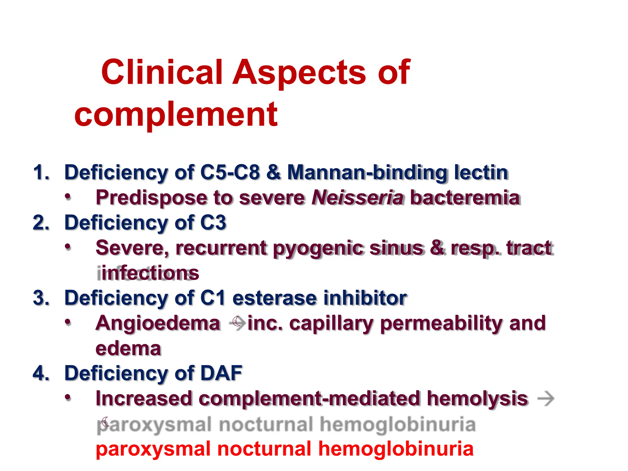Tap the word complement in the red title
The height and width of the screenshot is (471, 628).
[176, 115]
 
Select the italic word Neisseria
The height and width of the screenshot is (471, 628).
[357, 197]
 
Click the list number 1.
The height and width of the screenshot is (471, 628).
[41, 172]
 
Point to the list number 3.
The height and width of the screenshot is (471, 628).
[41, 298]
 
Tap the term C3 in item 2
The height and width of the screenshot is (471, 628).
[213, 223]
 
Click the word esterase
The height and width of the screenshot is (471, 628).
[275, 298]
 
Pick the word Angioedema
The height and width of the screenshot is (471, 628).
[158, 323]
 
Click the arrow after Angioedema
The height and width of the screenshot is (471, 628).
[237, 323]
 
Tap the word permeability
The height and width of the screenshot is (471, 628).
[441, 324]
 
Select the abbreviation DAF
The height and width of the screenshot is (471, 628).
[221, 373]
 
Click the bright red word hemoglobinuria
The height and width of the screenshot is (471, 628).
[396, 449]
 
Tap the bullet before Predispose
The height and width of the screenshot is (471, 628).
[68, 197]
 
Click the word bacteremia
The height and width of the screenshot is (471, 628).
[465, 198]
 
